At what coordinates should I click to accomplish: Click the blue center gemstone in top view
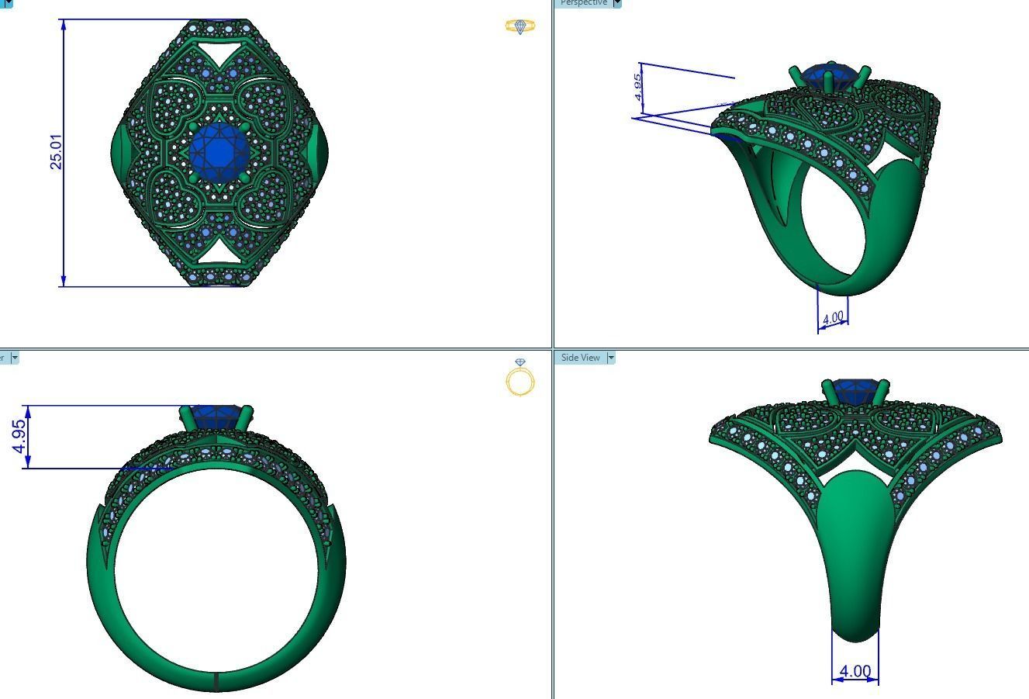point(220,152)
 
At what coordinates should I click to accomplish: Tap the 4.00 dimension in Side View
point(855,671)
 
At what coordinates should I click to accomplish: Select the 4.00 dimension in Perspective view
point(833,318)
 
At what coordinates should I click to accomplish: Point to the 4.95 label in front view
point(20,437)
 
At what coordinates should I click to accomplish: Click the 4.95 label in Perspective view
point(637,86)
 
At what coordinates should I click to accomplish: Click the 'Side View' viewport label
point(581,358)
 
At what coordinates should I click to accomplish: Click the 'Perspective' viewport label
point(584,3)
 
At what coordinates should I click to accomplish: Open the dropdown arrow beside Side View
point(611,358)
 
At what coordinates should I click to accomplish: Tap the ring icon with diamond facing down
point(520,377)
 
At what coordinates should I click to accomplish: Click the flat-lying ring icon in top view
point(520,26)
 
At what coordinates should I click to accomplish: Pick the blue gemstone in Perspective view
point(830,76)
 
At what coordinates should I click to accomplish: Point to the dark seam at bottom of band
point(216,681)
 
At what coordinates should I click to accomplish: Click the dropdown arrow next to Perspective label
point(617,3)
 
